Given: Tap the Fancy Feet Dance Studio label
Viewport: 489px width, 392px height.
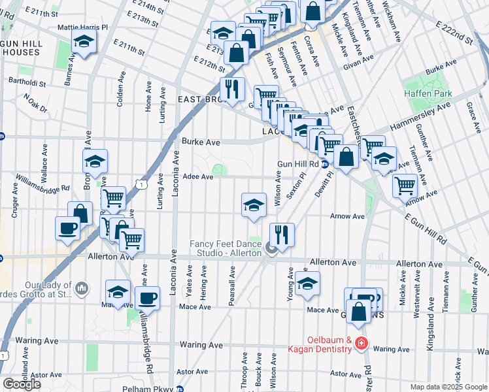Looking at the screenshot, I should pos(226,248).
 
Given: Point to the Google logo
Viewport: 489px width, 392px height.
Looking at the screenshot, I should pos(22,384).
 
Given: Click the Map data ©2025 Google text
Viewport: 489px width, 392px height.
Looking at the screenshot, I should pos(449,387).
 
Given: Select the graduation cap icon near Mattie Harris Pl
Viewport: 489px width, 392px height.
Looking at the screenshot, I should pos(84,42).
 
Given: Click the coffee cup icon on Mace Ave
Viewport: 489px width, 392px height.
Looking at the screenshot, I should pos(148,299).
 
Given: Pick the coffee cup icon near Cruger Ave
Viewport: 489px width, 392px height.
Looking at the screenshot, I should pos(68,229).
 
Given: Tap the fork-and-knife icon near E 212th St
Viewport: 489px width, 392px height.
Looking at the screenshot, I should pos(231,88).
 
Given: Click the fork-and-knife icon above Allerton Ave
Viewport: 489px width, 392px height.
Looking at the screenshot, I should pos(282,235).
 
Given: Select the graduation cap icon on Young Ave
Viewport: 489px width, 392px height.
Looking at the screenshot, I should pos(307,283).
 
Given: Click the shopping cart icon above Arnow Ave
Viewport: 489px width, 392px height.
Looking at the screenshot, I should pos(405,185).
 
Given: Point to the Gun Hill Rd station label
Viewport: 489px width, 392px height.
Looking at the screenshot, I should pos(297,164).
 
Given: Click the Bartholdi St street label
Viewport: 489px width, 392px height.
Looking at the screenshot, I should pos(27,82).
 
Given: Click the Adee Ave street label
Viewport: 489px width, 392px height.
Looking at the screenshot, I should pos(198,176).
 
